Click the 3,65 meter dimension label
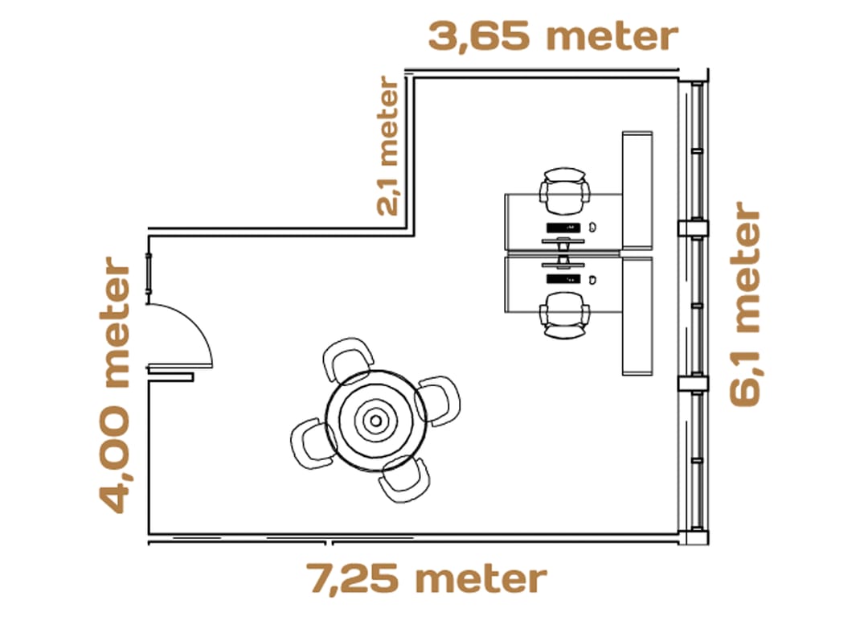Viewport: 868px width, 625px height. [x=553, y=37]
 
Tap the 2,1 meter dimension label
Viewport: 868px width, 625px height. [x=387, y=146]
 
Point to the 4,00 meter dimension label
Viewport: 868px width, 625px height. [x=116, y=384]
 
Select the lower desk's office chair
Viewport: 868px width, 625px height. [x=564, y=315]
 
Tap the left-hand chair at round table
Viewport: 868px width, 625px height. [x=312, y=442]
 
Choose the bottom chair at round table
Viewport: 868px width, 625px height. [x=402, y=478]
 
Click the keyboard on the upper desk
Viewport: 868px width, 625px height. [x=563, y=228]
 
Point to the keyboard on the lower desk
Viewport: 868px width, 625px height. [x=563, y=279]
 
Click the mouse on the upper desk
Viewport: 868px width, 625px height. [x=592, y=228]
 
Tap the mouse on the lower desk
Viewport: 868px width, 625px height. [x=592, y=280]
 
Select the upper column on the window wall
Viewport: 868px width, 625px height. [x=693, y=228]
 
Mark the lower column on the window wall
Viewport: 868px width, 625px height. [x=693, y=383]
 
